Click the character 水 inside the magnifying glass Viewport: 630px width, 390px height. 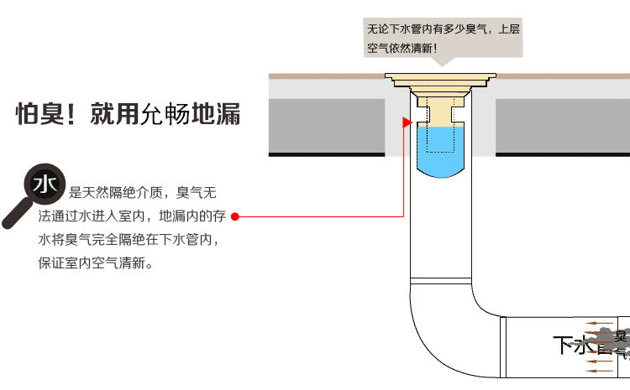[x=43, y=183]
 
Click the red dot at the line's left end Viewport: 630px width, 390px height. [x=235, y=216]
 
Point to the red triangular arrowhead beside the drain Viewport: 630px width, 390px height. [x=407, y=123]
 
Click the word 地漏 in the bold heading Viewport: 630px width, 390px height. [x=217, y=114]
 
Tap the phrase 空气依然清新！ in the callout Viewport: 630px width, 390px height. [x=402, y=48]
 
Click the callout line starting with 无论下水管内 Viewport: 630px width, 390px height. [x=444, y=29]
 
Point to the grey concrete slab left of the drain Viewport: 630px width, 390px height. [x=327, y=122]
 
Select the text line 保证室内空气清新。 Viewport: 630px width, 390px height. [x=96, y=263]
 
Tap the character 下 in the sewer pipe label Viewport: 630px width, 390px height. [x=564, y=345]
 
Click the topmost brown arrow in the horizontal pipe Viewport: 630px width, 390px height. [x=598, y=322]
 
